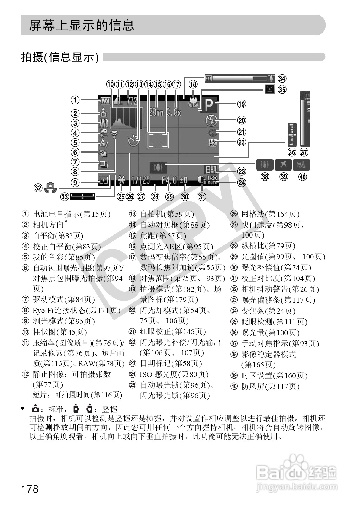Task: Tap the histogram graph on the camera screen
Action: coord(127,118)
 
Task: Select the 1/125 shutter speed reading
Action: coord(141,180)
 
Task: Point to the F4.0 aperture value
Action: coord(169,180)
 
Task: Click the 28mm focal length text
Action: coord(156,113)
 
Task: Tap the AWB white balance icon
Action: coord(103,123)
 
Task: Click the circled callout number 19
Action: coord(242,104)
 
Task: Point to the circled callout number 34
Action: coord(282,78)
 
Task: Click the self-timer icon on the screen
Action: coord(133,141)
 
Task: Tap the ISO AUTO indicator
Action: coord(212,180)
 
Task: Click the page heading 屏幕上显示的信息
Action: coord(82,25)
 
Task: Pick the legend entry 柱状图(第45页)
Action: coord(59,332)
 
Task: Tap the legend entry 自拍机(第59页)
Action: coord(167,214)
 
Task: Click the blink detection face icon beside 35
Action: coord(269,89)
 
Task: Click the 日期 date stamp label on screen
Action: coord(211,169)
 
